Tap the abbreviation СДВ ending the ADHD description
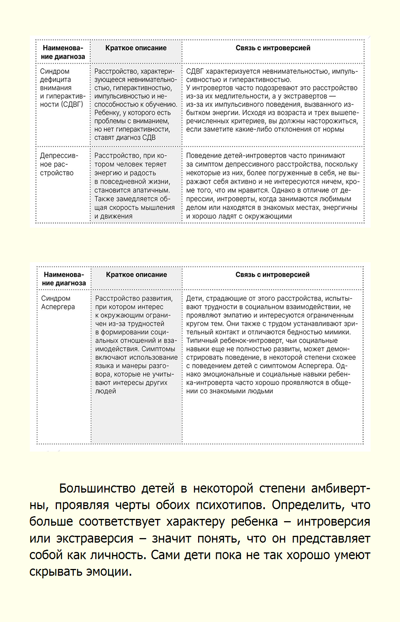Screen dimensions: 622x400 click(149, 138)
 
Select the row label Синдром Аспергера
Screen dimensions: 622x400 click(58, 303)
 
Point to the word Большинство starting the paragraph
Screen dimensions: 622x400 click(97, 488)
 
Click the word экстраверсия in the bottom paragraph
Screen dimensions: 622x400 click(95, 538)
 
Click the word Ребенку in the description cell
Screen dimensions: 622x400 click(107, 113)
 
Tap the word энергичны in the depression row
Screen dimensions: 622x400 click(340, 208)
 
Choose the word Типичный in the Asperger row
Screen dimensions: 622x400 click(201, 341)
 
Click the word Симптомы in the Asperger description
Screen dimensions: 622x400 click(158, 349)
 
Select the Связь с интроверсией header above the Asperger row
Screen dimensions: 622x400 click(272, 275)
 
